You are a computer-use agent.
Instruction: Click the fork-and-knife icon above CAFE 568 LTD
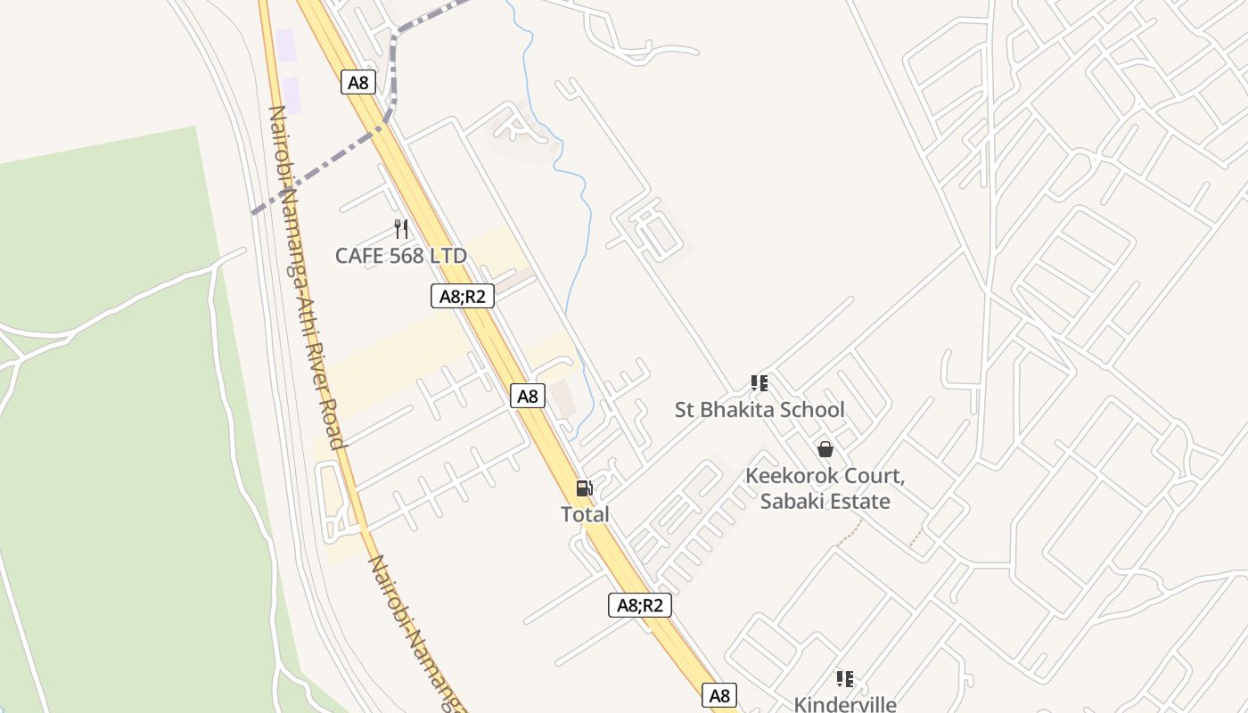(401, 229)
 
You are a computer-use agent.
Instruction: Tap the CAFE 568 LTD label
(400, 256)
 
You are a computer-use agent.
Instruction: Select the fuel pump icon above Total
(585, 488)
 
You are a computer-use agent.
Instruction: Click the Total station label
(585, 514)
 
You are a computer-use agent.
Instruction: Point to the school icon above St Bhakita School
(759, 383)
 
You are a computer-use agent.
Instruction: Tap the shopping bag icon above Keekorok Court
(825, 449)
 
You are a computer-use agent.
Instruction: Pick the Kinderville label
(844, 704)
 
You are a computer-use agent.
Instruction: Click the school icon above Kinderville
(844, 679)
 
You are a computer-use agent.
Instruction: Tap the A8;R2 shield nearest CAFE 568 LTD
(463, 296)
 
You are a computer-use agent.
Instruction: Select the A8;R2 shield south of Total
(640, 605)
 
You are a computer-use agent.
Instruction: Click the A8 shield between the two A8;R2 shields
(528, 396)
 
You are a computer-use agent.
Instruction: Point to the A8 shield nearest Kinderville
(719, 695)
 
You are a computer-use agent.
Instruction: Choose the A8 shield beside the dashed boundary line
(357, 83)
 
